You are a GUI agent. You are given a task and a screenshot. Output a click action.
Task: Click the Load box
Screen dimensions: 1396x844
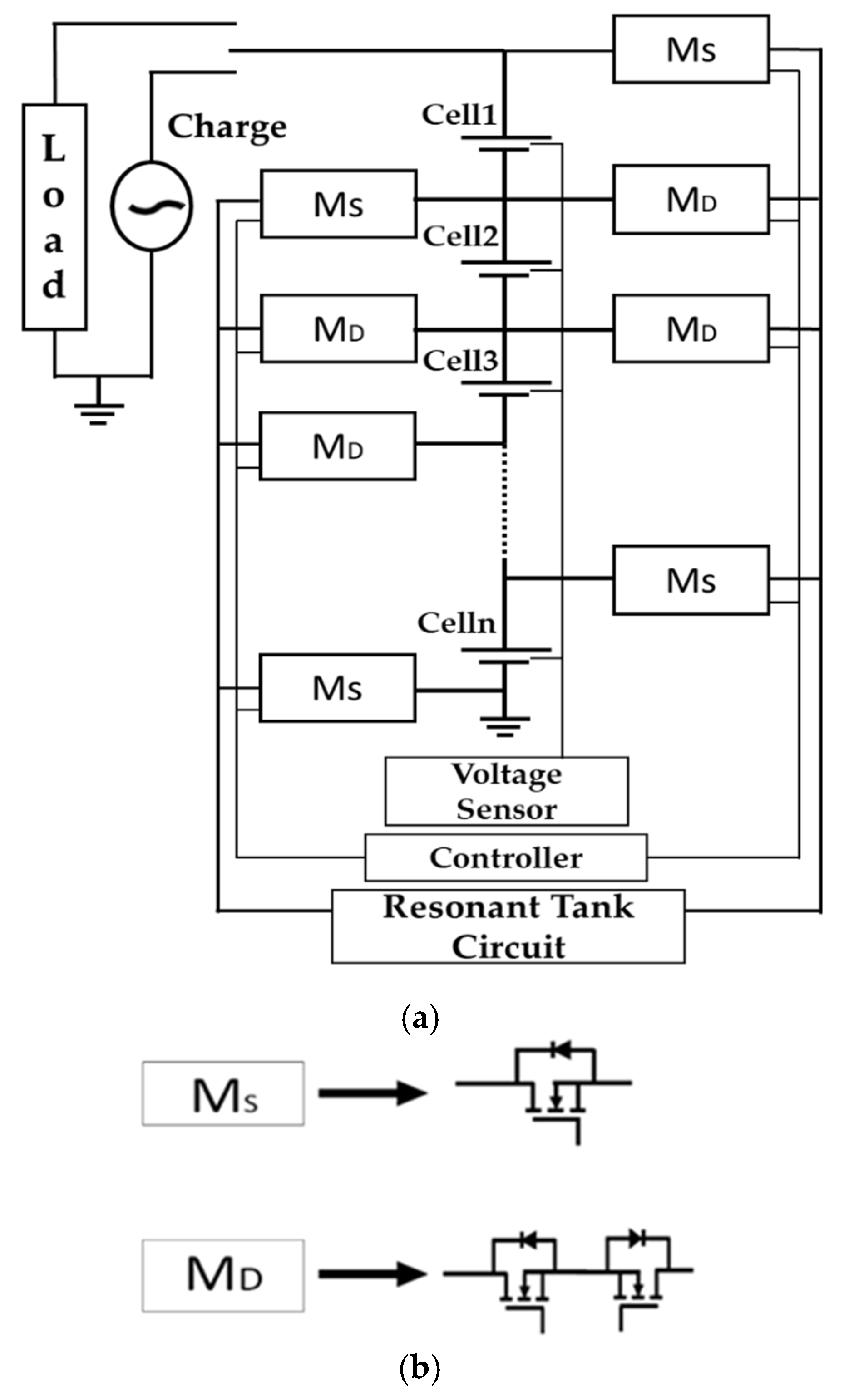pyautogui.click(x=54, y=216)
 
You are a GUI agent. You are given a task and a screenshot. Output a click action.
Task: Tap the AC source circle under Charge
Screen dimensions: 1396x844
pyautogui.click(x=151, y=206)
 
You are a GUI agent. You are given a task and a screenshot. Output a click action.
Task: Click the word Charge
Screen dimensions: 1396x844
pyautogui.click(x=227, y=127)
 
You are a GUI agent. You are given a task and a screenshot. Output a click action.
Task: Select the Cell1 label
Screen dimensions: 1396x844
pyautogui.click(x=459, y=115)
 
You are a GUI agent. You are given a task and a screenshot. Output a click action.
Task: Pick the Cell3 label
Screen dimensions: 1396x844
pyautogui.click(x=460, y=360)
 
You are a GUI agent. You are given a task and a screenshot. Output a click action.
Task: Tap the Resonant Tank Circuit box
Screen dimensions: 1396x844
pyautogui.click(x=508, y=926)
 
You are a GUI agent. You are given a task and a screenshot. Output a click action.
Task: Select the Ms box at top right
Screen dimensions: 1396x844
pyautogui.click(x=691, y=49)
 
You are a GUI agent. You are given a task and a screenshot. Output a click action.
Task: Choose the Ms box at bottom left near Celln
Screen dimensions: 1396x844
pyautogui.click(x=337, y=688)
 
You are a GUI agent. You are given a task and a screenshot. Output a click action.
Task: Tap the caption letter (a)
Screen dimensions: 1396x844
pyautogui.click(x=420, y=1019)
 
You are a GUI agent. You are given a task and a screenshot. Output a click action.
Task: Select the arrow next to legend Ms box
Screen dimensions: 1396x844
pyautogui.click(x=372, y=1093)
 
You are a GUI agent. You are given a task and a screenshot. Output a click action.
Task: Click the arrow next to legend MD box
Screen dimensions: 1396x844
pyautogui.click(x=372, y=1275)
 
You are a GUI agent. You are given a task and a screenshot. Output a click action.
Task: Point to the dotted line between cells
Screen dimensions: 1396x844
pyautogui.click(x=504, y=501)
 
